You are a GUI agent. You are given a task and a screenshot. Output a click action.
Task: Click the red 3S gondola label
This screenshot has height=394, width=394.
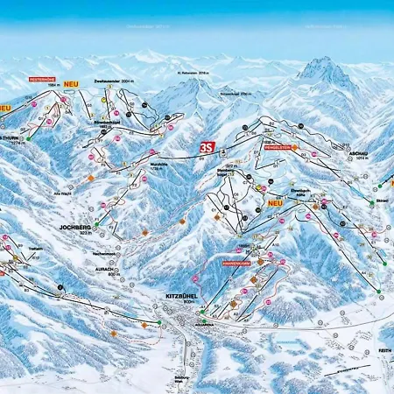pos(208,147)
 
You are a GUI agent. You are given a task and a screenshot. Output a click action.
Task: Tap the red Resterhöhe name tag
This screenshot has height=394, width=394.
pos(44,79)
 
